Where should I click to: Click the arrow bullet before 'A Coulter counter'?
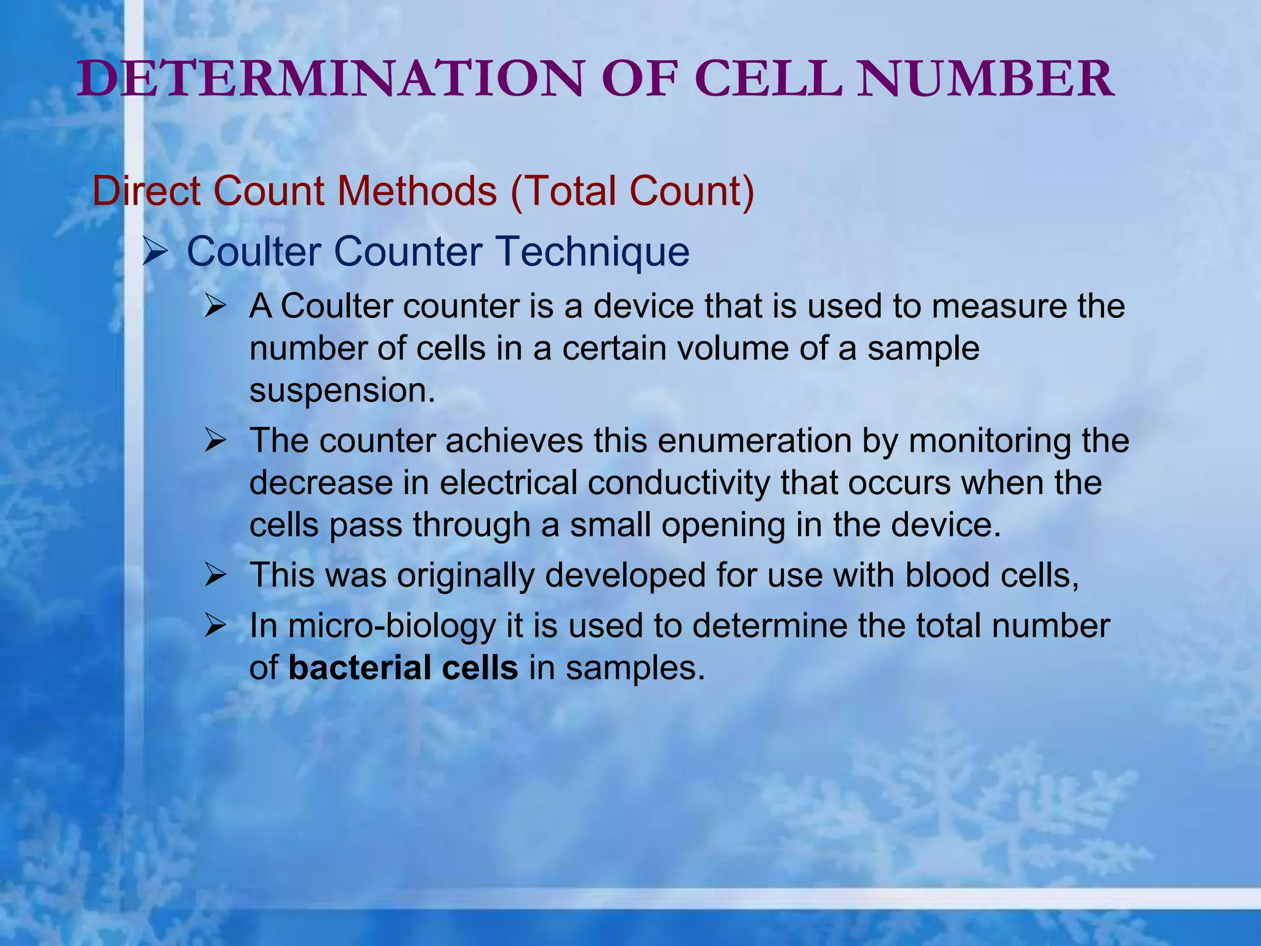click(216, 306)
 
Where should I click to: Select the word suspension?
click(342, 390)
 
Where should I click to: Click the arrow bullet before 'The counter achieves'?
click(216, 441)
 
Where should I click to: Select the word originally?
click(465, 576)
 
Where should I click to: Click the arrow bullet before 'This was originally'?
click(216, 576)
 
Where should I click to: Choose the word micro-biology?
click(392, 627)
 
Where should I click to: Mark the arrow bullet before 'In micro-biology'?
click(216, 626)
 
